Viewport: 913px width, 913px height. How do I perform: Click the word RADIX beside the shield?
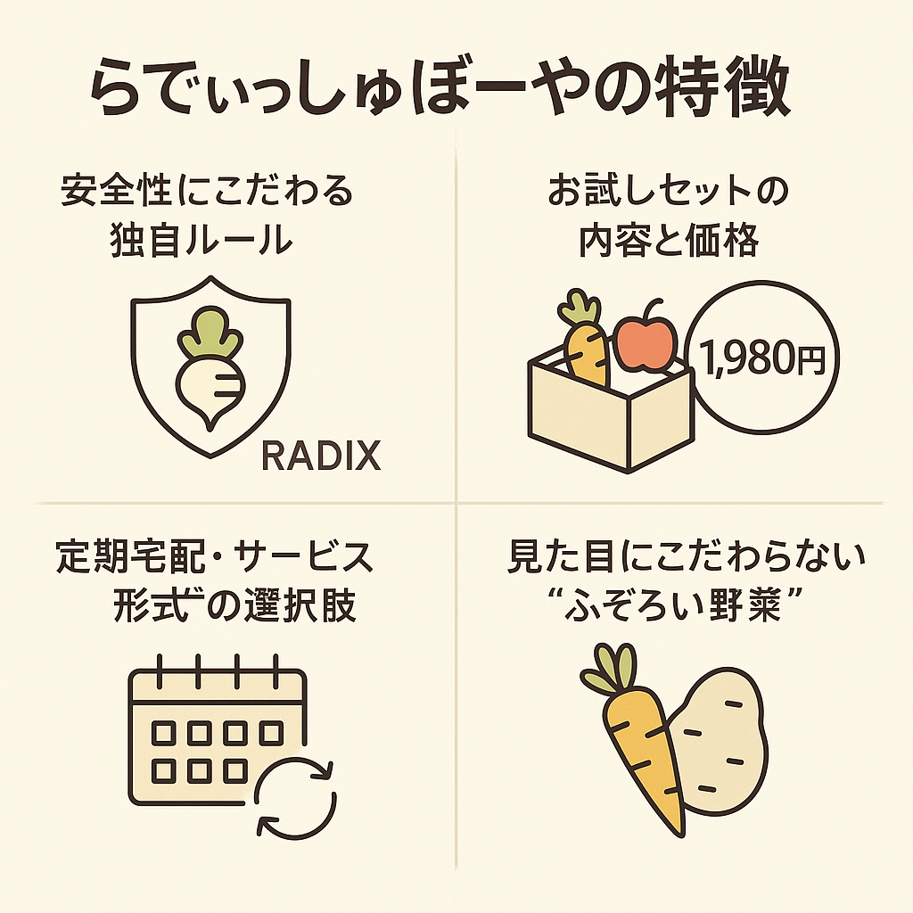322,456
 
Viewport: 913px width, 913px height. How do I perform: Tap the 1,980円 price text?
761,358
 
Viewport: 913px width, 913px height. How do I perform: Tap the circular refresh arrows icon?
296,797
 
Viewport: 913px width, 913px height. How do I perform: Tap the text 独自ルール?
202,239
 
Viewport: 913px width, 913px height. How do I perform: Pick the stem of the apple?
653,309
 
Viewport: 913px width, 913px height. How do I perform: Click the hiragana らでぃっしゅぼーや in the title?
357,93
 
